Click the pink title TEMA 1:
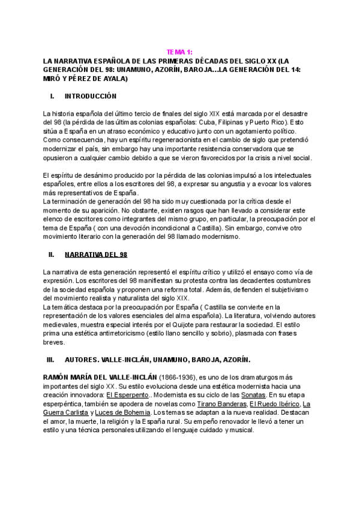[179, 52]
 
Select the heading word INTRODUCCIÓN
[90, 96]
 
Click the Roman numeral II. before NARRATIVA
[51, 255]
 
